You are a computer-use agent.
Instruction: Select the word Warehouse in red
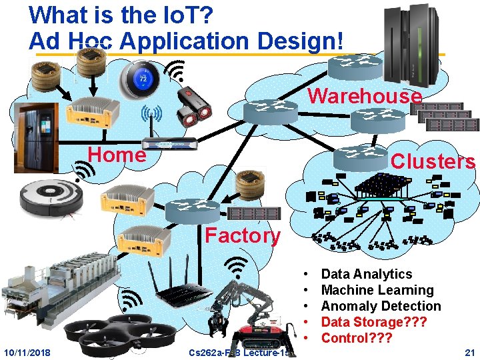coord(365,96)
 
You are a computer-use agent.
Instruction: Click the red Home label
coord(117,155)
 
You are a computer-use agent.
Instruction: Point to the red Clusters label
coord(433,161)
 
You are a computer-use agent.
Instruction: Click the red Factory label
coord(243,235)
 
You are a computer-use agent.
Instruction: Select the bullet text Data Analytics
coord(367,274)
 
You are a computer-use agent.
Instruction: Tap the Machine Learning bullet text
coord(377,290)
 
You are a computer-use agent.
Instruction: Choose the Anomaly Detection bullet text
coord(381,306)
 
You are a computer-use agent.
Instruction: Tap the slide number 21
coord(469,351)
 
